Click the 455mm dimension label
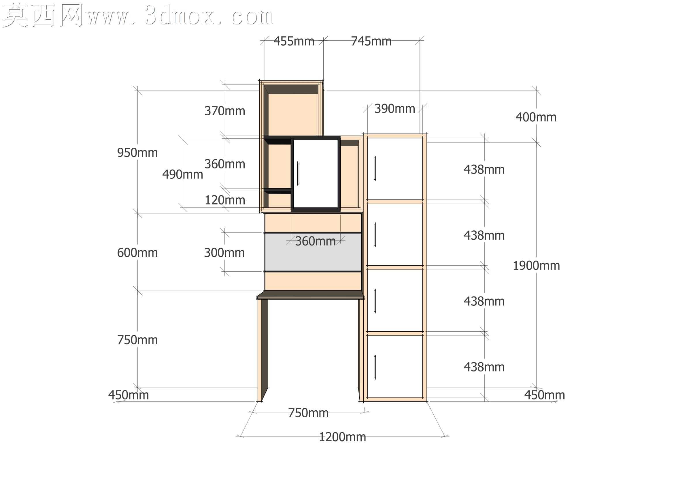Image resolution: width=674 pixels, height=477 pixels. pos(294,42)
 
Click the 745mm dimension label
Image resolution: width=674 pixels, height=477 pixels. pos(371,42)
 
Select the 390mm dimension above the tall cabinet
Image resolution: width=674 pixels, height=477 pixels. pos(395,109)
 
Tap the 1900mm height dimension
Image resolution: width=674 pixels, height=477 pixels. pos(536,266)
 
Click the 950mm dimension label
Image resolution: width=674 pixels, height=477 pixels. pos(137,153)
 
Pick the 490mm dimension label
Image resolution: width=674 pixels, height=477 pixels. pos(183,175)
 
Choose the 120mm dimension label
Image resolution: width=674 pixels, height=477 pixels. pos(225,200)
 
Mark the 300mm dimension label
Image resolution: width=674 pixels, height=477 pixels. pos(224,253)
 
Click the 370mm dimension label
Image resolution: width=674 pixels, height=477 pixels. pos(225,111)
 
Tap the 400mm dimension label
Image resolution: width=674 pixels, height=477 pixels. pos(536,117)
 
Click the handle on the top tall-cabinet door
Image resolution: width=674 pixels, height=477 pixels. pos(375,169)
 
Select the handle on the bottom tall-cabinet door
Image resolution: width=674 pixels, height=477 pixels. pos(375,367)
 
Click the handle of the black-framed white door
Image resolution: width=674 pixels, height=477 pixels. pos(298,173)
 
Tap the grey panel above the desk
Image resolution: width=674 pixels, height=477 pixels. pos(313,252)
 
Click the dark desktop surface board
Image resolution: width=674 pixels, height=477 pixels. pos(311,295)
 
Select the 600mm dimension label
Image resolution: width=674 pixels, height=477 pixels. pos(137,253)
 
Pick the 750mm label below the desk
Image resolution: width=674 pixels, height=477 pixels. pos(308,413)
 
